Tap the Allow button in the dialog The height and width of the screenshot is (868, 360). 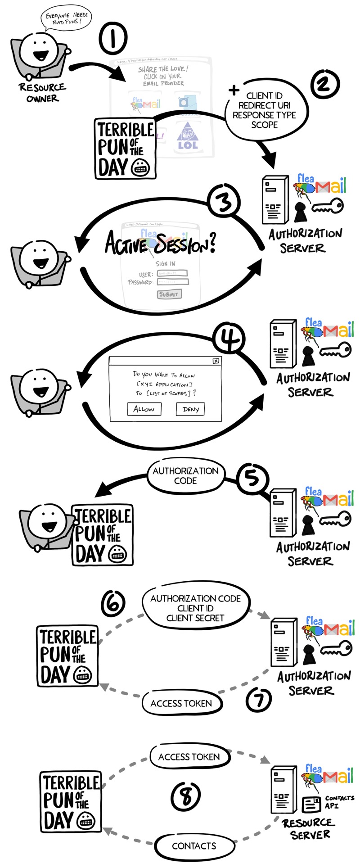[144, 409]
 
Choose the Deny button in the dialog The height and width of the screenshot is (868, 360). [190, 409]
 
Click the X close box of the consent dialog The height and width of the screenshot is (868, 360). [216, 361]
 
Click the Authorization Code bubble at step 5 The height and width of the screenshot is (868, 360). [185, 476]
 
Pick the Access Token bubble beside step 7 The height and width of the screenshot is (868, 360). [181, 703]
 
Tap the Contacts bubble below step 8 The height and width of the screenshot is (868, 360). [194, 846]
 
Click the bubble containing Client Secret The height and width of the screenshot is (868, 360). [195, 608]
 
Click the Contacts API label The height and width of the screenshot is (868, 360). [339, 801]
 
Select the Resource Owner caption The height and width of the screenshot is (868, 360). [42, 92]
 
